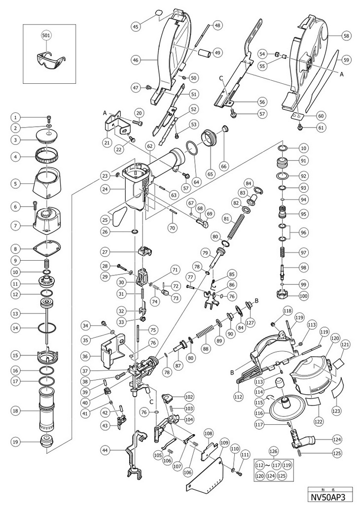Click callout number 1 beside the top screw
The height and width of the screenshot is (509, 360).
pyautogui.click(x=16, y=117)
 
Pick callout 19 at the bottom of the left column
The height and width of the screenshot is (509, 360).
pyautogui.click(x=16, y=442)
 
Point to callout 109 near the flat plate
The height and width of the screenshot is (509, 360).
pyautogui.click(x=225, y=442)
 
